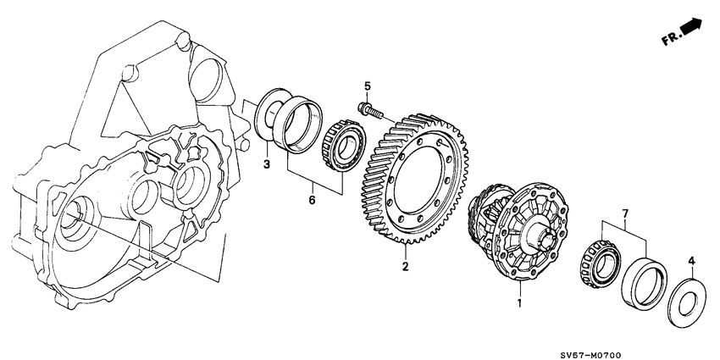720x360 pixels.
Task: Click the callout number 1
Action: coord(518,302)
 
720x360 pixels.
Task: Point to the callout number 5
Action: coord(368,86)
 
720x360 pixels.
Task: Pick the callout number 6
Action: coord(311,200)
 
